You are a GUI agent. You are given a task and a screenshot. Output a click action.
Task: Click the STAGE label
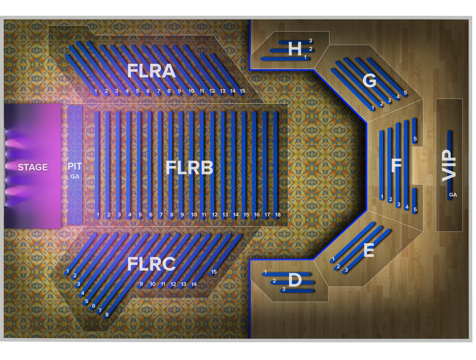(x=33, y=167)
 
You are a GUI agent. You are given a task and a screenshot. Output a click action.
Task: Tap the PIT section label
(x=75, y=166)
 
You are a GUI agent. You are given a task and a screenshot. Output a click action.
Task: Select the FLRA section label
(x=151, y=71)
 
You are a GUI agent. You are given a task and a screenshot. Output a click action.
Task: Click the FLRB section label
(x=189, y=168)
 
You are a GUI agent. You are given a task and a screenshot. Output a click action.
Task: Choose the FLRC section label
(x=151, y=264)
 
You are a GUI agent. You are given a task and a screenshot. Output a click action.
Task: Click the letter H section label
(x=295, y=49)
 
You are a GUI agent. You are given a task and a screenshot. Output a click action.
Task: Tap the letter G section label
(x=369, y=81)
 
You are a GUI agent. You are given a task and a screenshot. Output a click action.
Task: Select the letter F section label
(x=396, y=165)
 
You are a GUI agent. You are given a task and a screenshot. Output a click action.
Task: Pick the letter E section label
(x=369, y=250)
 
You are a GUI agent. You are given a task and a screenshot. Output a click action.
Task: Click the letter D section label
(x=295, y=280)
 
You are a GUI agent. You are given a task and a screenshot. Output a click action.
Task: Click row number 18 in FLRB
(x=277, y=215)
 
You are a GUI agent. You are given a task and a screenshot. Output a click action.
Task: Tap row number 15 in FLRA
(x=242, y=91)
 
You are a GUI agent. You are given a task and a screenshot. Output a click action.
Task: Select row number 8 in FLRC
(x=107, y=315)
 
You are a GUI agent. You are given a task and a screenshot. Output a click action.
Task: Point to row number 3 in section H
(x=311, y=41)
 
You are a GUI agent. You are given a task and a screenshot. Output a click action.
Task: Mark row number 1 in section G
(x=373, y=108)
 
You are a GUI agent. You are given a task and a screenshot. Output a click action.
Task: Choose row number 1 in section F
(x=382, y=196)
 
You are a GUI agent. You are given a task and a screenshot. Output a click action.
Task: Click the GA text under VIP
(x=453, y=195)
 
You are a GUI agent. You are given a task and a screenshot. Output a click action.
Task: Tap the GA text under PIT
(x=75, y=176)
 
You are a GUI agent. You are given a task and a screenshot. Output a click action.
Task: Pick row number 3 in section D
(x=284, y=289)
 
